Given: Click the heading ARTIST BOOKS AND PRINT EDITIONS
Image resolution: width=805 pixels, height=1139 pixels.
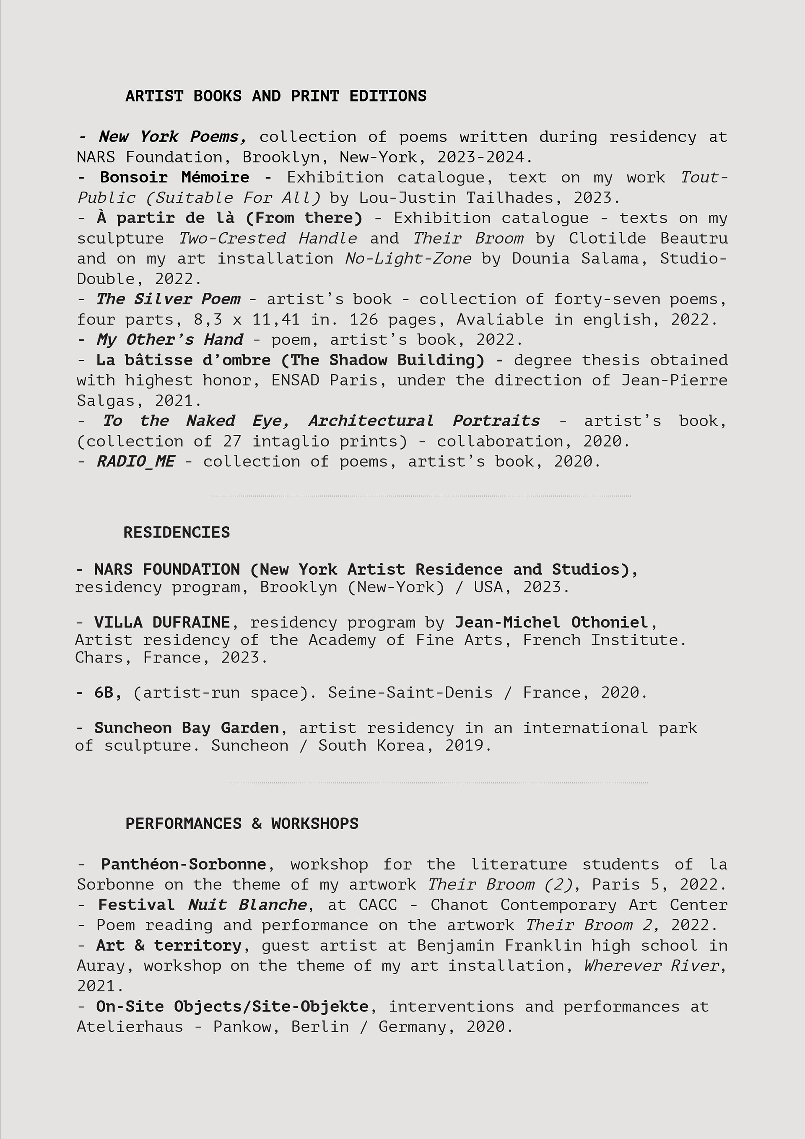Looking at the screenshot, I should click(276, 96).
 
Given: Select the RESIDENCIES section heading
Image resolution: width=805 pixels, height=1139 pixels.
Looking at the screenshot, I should click(177, 532).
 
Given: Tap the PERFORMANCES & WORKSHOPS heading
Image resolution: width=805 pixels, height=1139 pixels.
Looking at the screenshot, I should click(241, 824).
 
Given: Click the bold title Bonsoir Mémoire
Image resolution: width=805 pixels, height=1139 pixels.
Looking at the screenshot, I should click(174, 177).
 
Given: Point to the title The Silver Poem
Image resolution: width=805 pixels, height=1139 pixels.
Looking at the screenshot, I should click(168, 299).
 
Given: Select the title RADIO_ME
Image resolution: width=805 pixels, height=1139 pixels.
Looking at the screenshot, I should click(135, 461).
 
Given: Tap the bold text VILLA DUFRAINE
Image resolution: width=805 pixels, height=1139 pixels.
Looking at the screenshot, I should click(162, 622).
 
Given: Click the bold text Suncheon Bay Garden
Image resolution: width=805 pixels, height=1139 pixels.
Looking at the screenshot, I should click(187, 728).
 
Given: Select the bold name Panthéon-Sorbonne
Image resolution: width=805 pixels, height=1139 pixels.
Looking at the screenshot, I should click(184, 864).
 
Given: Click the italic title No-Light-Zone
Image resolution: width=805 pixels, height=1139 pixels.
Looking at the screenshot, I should click(408, 258).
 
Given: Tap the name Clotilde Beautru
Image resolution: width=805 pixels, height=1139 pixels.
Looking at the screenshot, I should click(648, 238).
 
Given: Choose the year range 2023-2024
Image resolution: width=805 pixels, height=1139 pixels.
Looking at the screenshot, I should click(480, 157).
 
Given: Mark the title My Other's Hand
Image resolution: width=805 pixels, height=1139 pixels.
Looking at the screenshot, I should click(170, 340).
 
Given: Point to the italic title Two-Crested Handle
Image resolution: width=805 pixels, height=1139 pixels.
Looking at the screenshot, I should click(267, 238).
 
